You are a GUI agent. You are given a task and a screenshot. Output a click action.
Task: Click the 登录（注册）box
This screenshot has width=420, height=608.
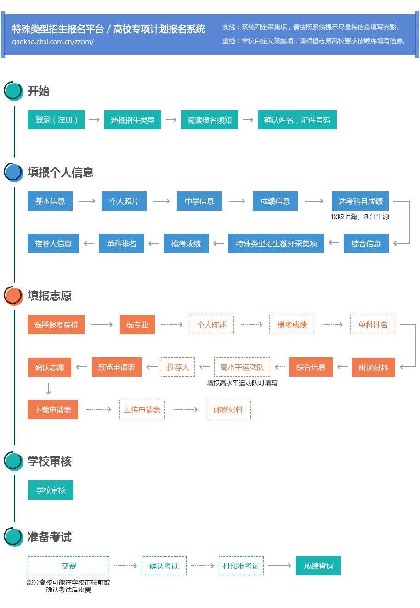pos(56,120)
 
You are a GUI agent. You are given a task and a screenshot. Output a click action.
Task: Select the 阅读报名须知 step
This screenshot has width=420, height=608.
pos(209,120)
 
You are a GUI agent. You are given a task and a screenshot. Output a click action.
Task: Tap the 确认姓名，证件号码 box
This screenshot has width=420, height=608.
pos(297,120)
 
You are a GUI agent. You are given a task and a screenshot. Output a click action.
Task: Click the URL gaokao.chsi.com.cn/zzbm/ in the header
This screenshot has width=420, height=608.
pos(53,41)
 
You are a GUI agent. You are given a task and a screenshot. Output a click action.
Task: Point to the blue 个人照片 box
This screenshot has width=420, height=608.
pos(124,201)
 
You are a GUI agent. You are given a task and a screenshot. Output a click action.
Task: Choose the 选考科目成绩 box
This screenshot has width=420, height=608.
pos(360,201)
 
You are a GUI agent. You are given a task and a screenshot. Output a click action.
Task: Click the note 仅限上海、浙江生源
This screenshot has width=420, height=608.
pos(360,216)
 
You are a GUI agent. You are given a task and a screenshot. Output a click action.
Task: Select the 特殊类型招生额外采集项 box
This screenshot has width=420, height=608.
pos(276,243)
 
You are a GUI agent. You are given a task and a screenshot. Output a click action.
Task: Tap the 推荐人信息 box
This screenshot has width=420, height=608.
pos(53,243)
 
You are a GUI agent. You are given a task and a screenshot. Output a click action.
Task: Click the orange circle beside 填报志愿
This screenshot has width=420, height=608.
pos(13,296)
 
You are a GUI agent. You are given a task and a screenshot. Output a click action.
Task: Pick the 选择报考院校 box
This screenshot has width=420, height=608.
pos(56,325)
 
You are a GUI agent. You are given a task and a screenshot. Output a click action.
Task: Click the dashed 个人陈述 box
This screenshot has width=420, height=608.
pos(211,325)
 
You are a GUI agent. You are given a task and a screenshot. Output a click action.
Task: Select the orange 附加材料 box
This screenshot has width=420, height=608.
pos(373,367)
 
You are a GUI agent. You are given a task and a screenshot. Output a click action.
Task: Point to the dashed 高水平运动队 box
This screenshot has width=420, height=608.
pos(242,367)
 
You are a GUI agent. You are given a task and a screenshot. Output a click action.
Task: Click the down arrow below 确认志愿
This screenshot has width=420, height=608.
pos(48,389)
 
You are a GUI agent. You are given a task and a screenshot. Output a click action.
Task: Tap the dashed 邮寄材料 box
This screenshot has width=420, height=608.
pos(228,410)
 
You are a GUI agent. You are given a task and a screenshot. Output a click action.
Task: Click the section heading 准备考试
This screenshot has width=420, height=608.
pos(50,537)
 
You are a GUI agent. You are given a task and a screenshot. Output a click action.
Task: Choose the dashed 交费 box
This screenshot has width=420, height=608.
pos(68,566)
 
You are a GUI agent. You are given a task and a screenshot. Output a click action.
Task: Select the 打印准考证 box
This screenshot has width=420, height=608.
pos(241,566)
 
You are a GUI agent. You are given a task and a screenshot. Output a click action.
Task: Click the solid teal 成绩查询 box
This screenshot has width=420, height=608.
pos(318,566)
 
